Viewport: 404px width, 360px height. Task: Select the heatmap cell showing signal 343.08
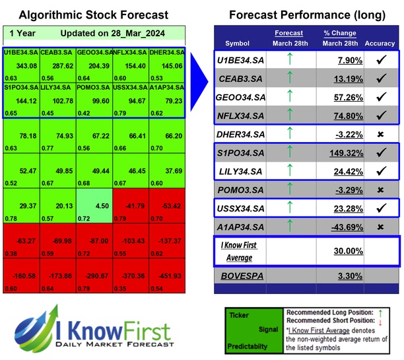[21, 65]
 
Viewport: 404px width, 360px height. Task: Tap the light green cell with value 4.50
[93, 205]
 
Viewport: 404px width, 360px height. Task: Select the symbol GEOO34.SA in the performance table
[242, 97]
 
